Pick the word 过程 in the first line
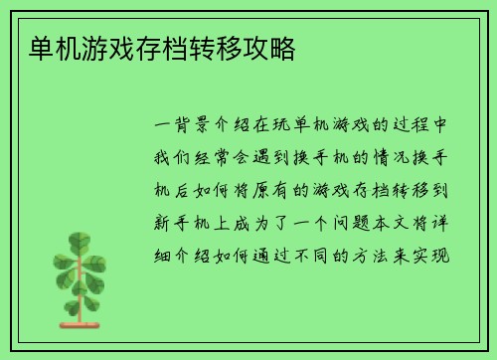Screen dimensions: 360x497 [418, 126]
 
